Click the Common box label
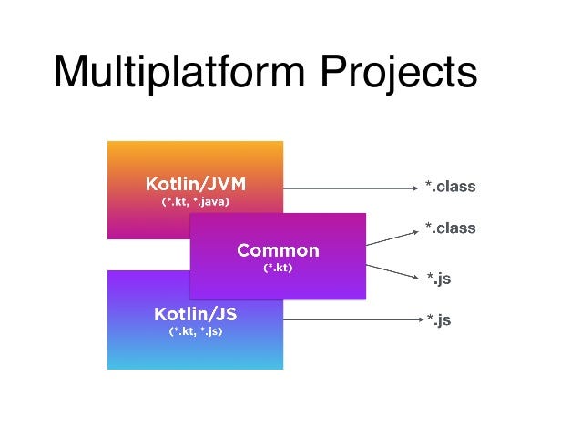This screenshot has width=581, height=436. pyautogui.click(x=278, y=250)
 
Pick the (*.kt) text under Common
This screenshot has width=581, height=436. pyautogui.click(x=278, y=269)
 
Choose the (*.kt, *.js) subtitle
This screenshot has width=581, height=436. pyautogui.click(x=195, y=333)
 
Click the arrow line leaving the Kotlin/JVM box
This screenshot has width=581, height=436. pyautogui.click(x=346, y=188)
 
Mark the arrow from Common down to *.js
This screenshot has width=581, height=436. pyautogui.click(x=390, y=263)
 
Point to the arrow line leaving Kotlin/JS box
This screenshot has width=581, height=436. pyautogui.click(x=346, y=319)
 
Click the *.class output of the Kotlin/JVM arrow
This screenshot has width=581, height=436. pyautogui.click(x=450, y=188)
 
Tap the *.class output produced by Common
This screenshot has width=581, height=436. pyautogui.click(x=450, y=228)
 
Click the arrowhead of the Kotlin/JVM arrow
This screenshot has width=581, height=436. pyautogui.click(x=413, y=188)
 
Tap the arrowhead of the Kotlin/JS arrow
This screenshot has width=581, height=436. pyautogui.click(x=413, y=319)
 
